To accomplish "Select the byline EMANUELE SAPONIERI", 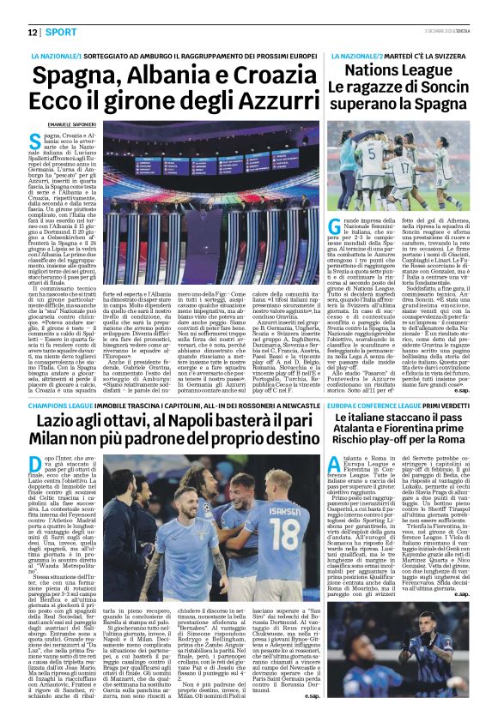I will coord(56,124).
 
